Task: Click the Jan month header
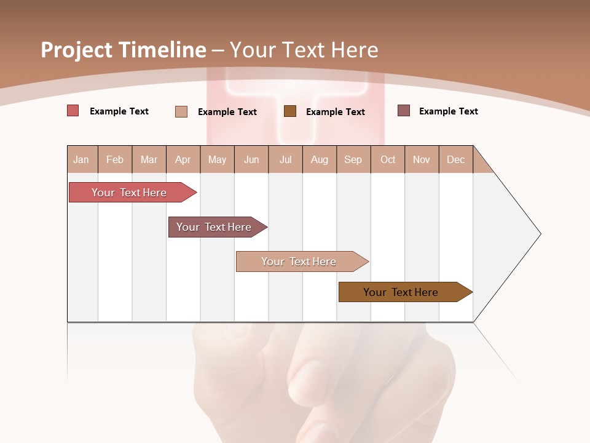click(x=81, y=159)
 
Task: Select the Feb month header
click(x=115, y=159)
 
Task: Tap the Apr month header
click(x=183, y=159)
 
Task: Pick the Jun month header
click(x=251, y=159)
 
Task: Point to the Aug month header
click(x=319, y=159)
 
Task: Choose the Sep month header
click(x=353, y=159)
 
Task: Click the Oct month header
click(x=388, y=159)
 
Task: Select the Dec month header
click(x=455, y=159)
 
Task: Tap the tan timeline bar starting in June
click(x=299, y=261)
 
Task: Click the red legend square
click(x=73, y=111)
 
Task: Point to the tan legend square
click(x=181, y=111)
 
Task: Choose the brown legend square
click(x=290, y=111)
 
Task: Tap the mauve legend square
click(x=404, y=111)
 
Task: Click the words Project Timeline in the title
click(x=123, y=50)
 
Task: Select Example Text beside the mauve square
click(x=448, y=111)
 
